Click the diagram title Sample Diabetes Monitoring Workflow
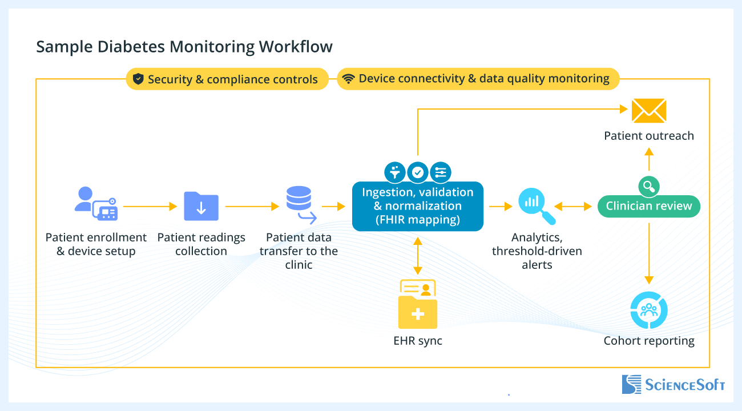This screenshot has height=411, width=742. (184, 46)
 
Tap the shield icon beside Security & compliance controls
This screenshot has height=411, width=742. (138, 79)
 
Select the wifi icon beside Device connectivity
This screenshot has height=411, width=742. (348, 79)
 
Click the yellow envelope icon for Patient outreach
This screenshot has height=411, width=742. (649, 111)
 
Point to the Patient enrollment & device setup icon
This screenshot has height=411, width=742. (96, 204)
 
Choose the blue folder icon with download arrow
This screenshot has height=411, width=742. (201, 206)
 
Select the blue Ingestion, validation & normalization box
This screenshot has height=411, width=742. (417, 206)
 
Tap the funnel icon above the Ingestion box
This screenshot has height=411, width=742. (395, 171)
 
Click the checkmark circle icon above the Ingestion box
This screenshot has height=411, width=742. (418, 171)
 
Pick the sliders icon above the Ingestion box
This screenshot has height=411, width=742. (441, 171)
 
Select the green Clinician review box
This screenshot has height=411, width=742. (649, 206)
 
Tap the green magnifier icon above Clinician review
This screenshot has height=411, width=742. (649, 186)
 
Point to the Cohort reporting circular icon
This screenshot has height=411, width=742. (649, 311)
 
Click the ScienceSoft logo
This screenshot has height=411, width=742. (673, 384)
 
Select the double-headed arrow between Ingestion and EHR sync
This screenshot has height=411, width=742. (418, 255)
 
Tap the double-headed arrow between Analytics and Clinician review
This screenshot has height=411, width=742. (574, 206)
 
